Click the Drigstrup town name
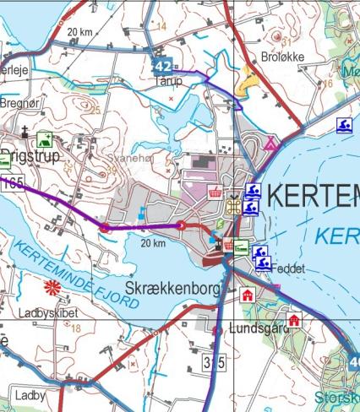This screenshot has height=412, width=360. [x=30, y=155]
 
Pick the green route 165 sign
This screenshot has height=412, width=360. [x=11, y=183]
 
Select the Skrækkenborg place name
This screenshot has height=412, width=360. [x=172, y=289]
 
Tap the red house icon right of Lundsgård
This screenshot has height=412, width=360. [x=293, y=320]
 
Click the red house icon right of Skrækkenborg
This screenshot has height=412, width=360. [x=247, y=295]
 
